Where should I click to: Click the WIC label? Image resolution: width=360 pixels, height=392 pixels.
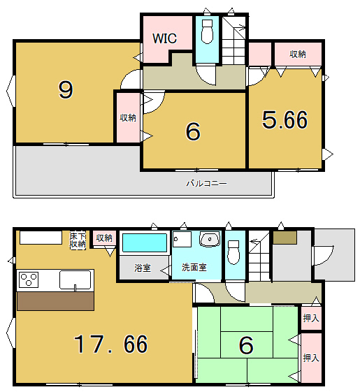pos(164,38)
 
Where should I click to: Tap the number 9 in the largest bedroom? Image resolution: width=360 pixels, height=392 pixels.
pos(66,90)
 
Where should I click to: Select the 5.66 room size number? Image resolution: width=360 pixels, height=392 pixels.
pos(285,120)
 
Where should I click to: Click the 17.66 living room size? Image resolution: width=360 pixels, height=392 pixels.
pos(110,344)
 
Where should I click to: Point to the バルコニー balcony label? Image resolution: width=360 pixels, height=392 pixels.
pos(206,184)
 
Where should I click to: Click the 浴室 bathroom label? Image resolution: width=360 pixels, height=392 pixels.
pos(143,268)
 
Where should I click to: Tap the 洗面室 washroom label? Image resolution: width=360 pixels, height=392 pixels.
pos(194,268)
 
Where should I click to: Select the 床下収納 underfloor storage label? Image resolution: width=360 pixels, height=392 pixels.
pos(78,240)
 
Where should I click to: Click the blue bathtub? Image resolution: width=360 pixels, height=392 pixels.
pos(145,242)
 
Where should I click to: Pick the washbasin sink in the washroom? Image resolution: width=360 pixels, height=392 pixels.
pos(210,239)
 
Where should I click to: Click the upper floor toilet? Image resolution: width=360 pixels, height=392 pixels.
pos(207,31)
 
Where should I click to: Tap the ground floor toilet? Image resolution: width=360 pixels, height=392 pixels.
pos(233,252)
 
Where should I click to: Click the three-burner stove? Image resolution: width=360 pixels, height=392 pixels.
pos(29,280)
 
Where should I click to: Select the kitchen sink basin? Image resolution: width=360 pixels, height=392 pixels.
pos(75,280)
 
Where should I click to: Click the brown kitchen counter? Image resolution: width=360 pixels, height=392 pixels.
pos(55,301)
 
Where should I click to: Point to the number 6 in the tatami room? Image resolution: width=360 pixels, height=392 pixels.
pos(246,345)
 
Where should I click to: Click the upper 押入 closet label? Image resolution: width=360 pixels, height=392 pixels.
pos(311,318)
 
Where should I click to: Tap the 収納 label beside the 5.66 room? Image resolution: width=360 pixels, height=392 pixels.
pos(298,55)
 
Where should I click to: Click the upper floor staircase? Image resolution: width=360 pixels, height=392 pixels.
pos(233,40)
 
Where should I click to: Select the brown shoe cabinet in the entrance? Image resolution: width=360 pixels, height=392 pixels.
pos(285,238)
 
